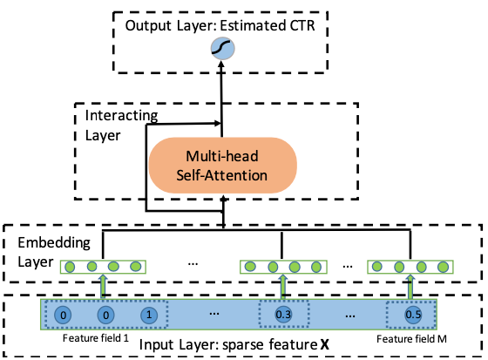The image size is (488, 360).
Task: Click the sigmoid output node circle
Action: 222,49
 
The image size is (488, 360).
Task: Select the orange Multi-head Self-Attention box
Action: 223,166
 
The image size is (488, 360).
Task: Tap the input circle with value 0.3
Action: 283,315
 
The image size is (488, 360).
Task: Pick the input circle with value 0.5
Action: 413,315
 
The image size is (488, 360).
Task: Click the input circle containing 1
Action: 149,315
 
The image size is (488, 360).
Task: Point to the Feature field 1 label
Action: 96,338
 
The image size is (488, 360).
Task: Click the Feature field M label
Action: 411,338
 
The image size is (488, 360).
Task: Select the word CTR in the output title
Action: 302,25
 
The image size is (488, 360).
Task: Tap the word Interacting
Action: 121,116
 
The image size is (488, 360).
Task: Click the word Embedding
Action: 54,243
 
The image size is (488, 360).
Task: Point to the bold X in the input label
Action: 324,344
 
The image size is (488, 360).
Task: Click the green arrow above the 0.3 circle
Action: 283,287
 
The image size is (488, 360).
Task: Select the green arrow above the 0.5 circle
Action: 410,287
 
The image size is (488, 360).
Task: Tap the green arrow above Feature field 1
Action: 103,287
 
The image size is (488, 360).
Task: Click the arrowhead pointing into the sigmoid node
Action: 221,64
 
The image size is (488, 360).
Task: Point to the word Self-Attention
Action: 222,175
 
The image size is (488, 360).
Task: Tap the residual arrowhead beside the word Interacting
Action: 217,123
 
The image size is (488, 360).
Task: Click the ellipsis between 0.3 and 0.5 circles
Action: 350,316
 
